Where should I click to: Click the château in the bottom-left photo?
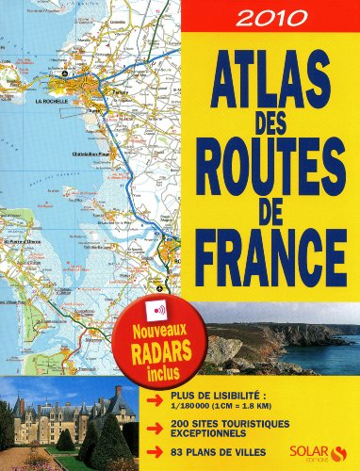(66, 414)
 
